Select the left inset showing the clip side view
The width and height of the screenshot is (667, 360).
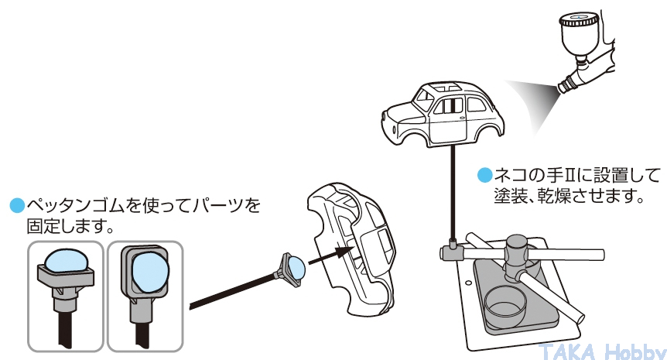pyautogui.click(x=65, y=294)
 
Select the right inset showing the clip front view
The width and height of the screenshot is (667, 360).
pyautogui.click(x=145, y=294)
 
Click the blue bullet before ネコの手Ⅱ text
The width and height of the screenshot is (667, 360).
pyautogui.click(x=484, y=173)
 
